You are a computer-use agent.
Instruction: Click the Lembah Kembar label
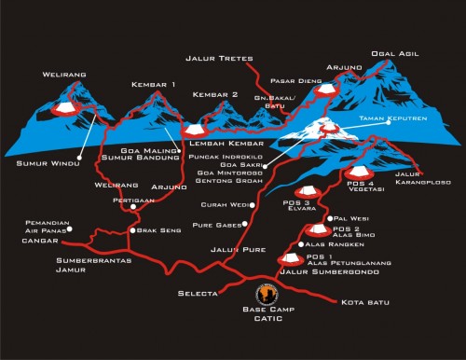click(224, 145)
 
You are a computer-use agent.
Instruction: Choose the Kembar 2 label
click(215, 95)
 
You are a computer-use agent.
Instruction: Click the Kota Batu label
click(363, 302)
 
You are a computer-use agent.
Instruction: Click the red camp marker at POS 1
click(290, 257)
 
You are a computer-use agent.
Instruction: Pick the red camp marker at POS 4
click(356, 172)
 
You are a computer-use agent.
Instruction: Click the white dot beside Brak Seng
click(133, 230)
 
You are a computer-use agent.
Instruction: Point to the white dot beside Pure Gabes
click(244, 224)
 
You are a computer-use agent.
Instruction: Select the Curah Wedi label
click(226, 204)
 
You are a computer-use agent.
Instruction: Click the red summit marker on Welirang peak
click(66, 108)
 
